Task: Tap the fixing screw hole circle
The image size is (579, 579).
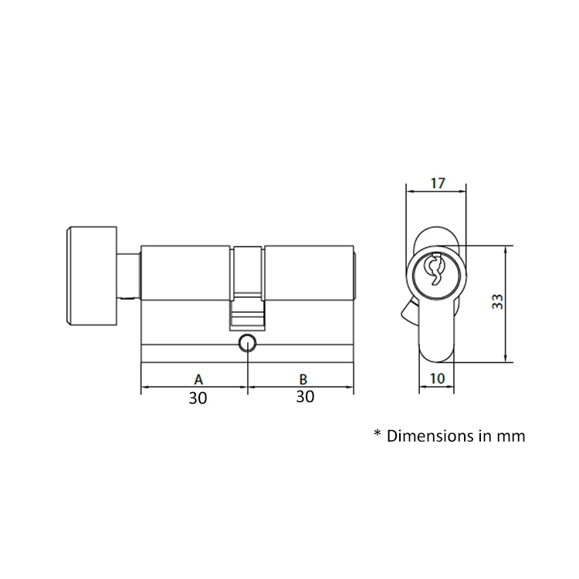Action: [248, 344]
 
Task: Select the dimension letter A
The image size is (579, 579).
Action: [198, 379]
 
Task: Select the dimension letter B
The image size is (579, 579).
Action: [303, 379]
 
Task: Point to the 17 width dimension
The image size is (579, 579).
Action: [437, 184]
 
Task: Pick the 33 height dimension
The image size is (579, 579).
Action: [498, 302]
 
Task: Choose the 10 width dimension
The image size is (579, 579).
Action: [437, 378]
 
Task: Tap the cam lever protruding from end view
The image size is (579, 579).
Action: [407, 313]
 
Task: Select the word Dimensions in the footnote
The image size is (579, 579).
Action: [426, 436]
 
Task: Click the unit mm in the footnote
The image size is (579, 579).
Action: [511, 436]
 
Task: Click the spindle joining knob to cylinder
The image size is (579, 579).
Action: [128, 276]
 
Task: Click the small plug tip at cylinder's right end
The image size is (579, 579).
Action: [355, 276]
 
